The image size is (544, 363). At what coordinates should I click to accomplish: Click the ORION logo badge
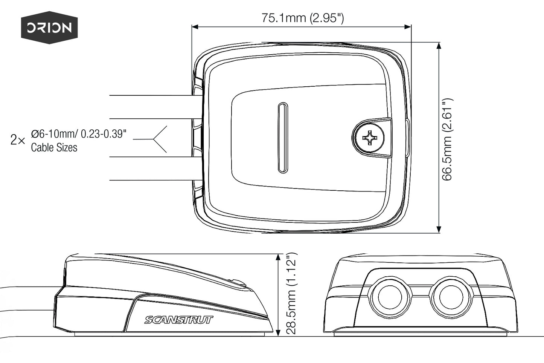49,28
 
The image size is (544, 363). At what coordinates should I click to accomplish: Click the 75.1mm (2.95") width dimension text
303,18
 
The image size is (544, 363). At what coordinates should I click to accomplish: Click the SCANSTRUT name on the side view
179,320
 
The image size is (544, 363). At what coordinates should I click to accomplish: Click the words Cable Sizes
54,147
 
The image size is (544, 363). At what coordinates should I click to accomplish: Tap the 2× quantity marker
18,141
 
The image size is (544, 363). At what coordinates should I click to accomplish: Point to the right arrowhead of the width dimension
408,27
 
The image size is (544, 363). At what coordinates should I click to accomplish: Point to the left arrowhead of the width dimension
195,27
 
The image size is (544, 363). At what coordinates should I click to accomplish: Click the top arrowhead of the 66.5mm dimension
439,46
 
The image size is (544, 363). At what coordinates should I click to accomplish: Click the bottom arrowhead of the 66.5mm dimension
439,230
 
